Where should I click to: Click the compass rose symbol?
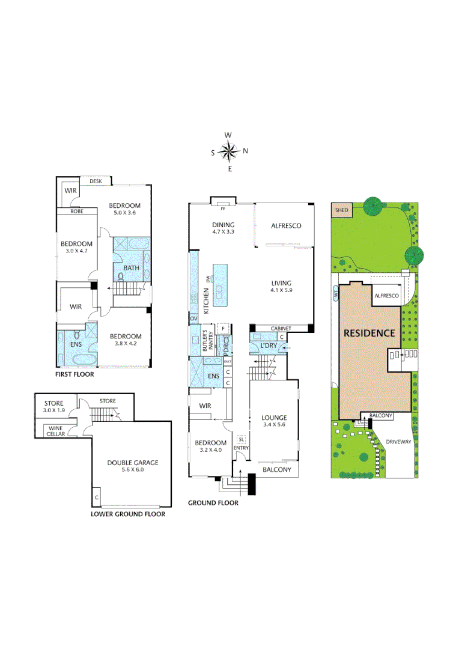click(229, 151)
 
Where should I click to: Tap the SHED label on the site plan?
click(341, 210)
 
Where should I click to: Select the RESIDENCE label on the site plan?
click(369, 333)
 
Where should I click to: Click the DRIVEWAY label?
click(398, 440)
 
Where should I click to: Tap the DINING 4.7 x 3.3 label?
click(222, 228)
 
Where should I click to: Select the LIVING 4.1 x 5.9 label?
click(281, 287)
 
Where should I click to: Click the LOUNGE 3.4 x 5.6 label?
click(274, 421)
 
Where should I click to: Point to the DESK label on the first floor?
click(96, 181)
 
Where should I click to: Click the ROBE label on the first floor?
click(76, 212)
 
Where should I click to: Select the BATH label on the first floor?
click(132, 267)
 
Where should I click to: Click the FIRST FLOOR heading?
click(74, 374)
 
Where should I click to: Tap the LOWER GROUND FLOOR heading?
click(127, 514)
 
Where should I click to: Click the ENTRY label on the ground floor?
click(241, 448)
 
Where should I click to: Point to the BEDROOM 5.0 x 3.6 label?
click(124, 209)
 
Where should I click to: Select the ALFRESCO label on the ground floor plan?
click(285, 226)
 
